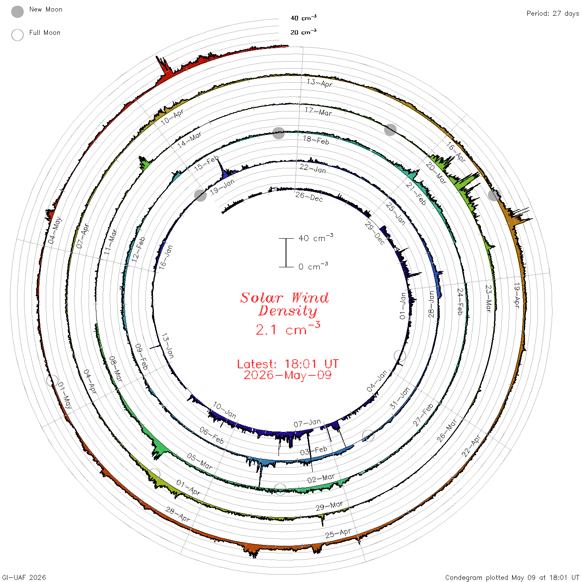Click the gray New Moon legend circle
17,12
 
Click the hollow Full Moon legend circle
17,35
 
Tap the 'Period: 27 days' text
552,14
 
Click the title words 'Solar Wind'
284,298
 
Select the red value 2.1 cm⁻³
288,329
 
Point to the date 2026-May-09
288,375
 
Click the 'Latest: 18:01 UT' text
288,364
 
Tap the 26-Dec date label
309,197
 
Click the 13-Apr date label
320,83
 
